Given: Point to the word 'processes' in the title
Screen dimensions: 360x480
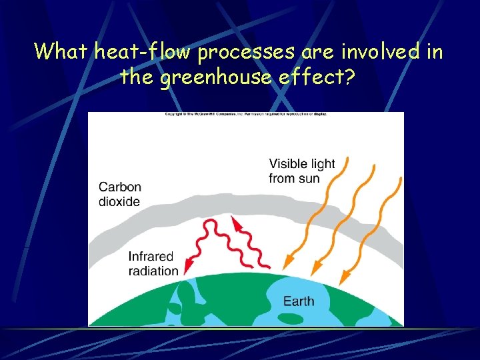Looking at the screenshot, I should (240, 51).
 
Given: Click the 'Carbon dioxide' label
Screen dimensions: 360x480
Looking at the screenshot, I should (120, 193).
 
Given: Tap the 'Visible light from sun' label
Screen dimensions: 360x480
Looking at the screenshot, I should (302, 171).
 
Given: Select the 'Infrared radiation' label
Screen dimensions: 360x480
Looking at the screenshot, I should (153, 263).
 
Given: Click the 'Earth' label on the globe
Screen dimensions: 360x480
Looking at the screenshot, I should (299, 301).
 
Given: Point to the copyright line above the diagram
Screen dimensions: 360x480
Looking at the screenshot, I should (246, 114).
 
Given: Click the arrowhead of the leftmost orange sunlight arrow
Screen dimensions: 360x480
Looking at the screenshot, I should (285, 265).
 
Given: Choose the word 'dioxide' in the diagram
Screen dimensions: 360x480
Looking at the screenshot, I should (120, 201).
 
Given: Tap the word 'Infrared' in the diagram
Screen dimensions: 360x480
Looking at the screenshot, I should (151, 257).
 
